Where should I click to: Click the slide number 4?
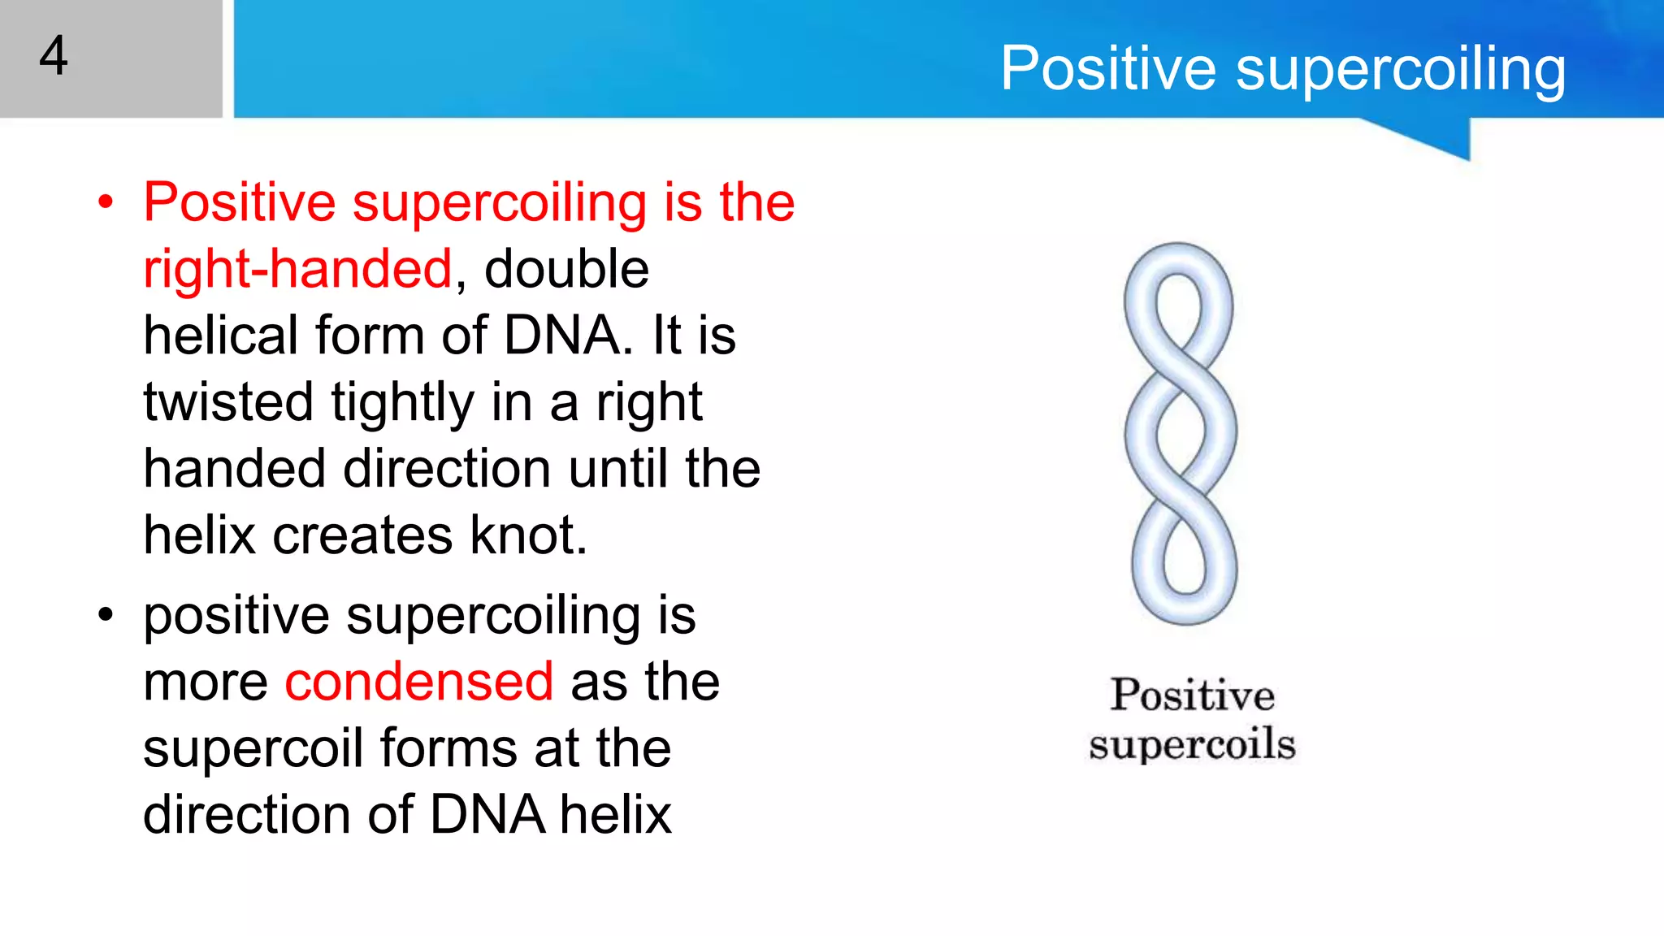coord(54,56)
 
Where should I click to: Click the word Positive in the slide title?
coord(1108,68)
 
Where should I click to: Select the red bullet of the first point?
coord(106,202)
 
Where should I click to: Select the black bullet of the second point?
coord(106,615)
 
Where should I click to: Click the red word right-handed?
coord(297,269)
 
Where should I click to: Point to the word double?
coord(566,269)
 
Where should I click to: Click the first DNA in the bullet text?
coord(562,336)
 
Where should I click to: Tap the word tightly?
coord(402,403)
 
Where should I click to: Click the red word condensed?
coord(418,682)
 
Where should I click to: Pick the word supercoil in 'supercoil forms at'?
coord(253,748)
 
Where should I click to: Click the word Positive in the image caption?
coord(1192,695)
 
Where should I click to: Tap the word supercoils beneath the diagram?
coord(1192,744)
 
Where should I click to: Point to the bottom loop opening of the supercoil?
coord(1185,561)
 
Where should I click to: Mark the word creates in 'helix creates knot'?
coord(362,536)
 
